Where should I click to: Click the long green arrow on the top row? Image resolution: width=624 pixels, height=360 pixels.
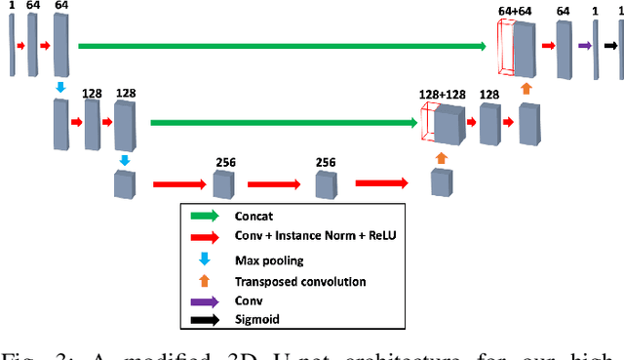[x=283, y=45]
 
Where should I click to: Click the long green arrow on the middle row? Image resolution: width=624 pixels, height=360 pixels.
[x=284, y=123]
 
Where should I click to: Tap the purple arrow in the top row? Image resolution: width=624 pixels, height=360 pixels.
[x=585, y=45]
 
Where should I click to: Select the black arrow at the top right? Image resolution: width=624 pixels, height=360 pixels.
[x=611, y=45]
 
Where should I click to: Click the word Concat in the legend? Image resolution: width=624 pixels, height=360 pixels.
[x=255, y=218]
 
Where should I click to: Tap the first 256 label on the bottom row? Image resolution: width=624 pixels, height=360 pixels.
[x=226, y=162]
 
